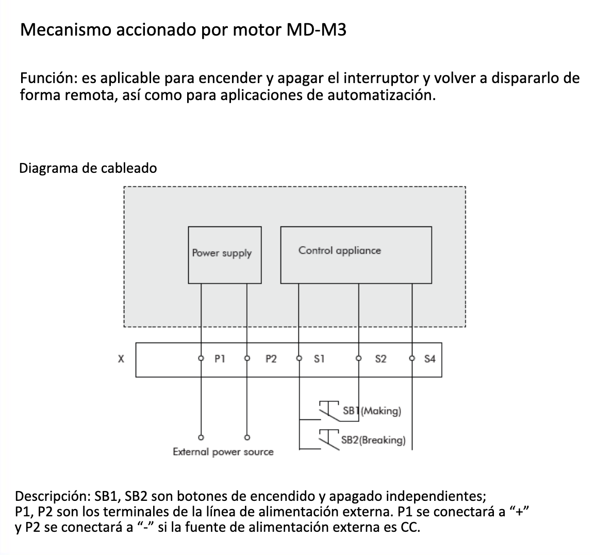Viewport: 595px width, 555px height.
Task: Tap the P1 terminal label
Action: (220, 358)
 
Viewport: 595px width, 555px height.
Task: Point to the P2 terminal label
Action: (271, 358)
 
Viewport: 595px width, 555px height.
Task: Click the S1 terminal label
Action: (319, 358)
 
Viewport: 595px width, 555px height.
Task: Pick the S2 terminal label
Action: (381, 358)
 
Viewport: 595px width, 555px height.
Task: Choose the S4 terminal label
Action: (430, 358)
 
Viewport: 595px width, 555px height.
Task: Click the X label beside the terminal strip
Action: (121, 358)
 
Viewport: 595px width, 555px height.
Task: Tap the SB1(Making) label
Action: (372, 411)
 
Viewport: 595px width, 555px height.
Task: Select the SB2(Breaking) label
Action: (373, 440)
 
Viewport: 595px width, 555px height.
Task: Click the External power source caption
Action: (223, 452)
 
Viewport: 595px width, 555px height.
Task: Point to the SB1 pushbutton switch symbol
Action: (328, 407)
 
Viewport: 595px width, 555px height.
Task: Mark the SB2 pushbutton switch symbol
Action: (328, 436)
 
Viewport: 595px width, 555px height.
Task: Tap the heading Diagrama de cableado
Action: (88, 168)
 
